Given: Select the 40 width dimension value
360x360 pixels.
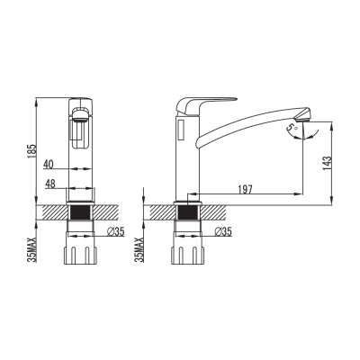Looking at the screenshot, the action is (49, 164).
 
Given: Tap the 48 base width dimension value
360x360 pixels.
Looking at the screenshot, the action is (50, 184).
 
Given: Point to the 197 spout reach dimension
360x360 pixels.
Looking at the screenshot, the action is (245, 189).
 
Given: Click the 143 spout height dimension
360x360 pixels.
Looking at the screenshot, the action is (328, 163).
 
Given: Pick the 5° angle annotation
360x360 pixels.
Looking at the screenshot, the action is (291, 128).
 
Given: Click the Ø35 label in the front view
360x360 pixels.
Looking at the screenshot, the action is (115, 231).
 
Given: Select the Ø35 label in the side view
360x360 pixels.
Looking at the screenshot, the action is (223, 231).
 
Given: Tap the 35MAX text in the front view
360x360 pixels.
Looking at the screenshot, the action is (31, 249).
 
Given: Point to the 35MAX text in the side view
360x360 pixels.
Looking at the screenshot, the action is (139, 249).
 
